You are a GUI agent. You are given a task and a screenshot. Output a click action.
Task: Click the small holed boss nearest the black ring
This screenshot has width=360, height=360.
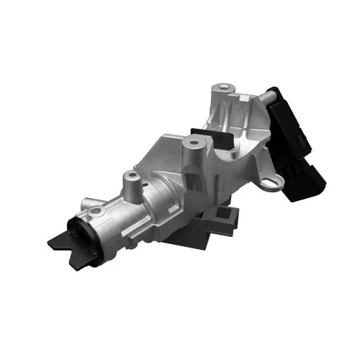click(x=96, y=211)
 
